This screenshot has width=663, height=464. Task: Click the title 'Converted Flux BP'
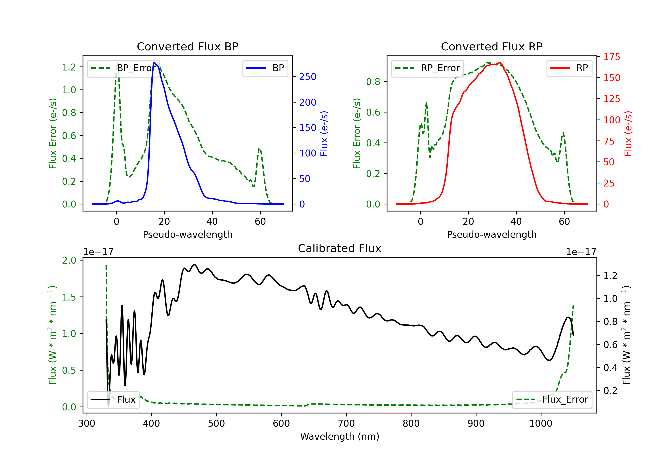coord(187,46)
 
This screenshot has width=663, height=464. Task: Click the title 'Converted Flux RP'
coord(492,46)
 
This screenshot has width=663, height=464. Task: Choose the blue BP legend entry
coord(265,68)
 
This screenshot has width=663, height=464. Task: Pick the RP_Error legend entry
coord(427,68)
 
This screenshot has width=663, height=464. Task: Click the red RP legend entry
coord(569,68)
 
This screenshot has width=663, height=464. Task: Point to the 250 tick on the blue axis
coord(308,77)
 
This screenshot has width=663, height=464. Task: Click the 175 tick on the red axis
coord(612,57)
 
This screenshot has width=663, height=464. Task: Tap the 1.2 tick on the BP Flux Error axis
coord(69,67)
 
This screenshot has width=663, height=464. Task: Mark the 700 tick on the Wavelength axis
coord(346,423)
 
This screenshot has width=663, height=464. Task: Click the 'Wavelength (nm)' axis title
coord(340,436)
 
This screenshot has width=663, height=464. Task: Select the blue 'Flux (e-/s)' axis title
coord(324,133)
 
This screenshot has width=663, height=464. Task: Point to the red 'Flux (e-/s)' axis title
coord(628,133)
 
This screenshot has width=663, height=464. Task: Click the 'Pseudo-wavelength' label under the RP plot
coord(492,234)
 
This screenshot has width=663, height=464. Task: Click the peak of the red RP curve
coord(499,63)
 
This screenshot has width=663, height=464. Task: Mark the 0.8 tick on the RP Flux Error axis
coord(373,82)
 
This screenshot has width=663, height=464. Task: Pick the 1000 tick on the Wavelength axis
coord(541,423)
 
